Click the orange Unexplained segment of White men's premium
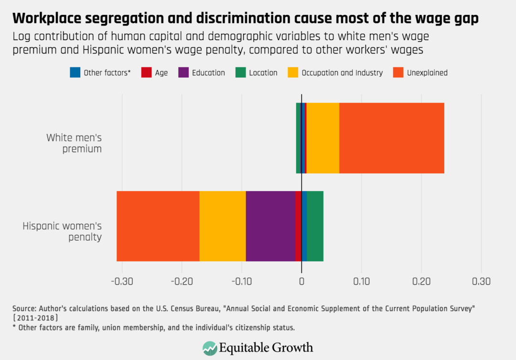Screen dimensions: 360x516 point(392,138)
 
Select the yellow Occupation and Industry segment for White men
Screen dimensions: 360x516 point(322,138)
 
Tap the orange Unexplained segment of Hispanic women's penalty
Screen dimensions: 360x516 point(158,226)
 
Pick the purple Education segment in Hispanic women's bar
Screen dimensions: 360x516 point(270,226)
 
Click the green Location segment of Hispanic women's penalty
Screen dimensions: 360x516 point(315,226)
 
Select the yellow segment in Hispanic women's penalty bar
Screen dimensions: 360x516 point(223,226)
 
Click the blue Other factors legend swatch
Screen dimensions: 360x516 point(75,73)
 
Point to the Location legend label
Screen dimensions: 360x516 point(263,73)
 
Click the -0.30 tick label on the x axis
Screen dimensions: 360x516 point(122,282)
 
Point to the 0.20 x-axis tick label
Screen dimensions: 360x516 point(421,282)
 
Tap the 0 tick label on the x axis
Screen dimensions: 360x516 point(301,282)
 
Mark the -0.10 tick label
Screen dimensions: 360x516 point(241,282)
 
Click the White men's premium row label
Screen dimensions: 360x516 point(74,143)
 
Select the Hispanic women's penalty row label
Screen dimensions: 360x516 point(62,231)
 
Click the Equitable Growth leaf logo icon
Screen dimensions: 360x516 point(210,348)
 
